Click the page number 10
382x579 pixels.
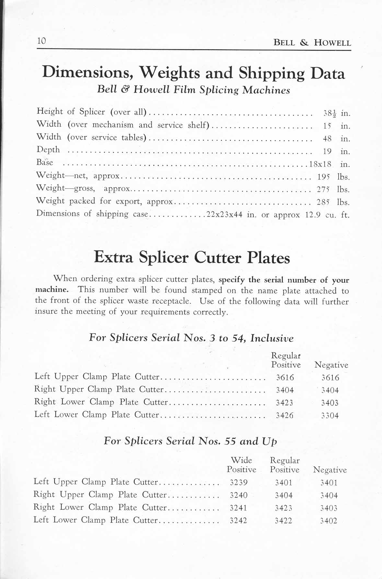pyautogui.click(x=42, y=41)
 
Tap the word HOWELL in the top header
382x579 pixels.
pyautogui.click(x=332, y=43)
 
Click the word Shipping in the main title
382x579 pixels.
pyautogui.click(x=272, y=73)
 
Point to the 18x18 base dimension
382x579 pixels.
pyautogui.click(x=320, y=164)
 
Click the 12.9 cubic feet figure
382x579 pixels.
pyautogui.click(x=313, y=215)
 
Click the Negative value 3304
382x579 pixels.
pyautogui.click(x=330, y=416)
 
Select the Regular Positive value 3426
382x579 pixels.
pyautogui.click(x=284, y=415)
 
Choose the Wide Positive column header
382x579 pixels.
pyautogui.click(x=241, y=465)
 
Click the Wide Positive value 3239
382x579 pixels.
pyautogui.click(x=238, y=483)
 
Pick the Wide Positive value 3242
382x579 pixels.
pyautogui.click(x=238, y=520)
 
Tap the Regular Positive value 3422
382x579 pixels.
pyautogui.click(x=284, y=521)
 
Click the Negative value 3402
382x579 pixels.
pyautogui.click(x=329, y=521)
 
